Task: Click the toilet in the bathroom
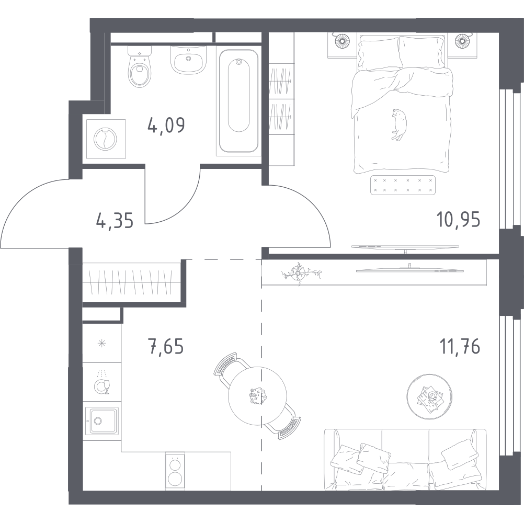click(140, 67)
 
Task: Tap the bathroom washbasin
click(188, 60)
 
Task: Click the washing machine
click(106, 139)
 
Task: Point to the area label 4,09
click(166, 126)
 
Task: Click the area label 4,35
click(115, 221)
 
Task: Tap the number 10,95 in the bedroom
click(459, 220)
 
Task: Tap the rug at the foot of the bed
click(403, 185)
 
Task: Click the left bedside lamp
click(342, 40)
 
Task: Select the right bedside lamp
click(462, 40)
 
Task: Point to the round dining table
click(257, 396)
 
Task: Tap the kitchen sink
click(101, 420)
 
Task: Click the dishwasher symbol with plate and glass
click(102, 383)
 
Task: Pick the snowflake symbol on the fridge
click(101, 344)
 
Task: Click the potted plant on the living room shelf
click(298, 273)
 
